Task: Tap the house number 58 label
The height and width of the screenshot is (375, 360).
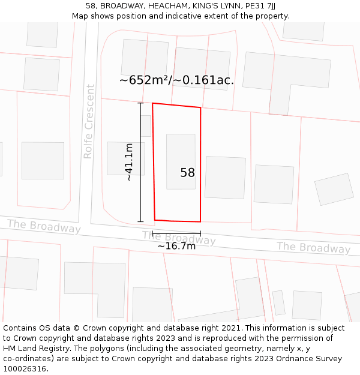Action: pyautogui.click(x=187, y=173)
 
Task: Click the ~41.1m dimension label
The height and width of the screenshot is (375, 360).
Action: pyautogui.click(x=129, y=162)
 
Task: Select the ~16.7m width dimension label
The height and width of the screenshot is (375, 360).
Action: pyautogui.click(x=176, y=246)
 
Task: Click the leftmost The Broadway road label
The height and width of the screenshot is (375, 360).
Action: pyautogui.click(x=44, y=226)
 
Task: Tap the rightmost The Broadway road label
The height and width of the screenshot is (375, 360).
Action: pyautogui.click(x=313, y=247)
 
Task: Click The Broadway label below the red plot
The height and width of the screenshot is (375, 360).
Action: pyautogui.click(x=179, y=238)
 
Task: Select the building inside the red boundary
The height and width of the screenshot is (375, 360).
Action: pyautogui.click(x=181, y=161)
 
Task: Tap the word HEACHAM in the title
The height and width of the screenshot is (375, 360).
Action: pyautogui.click(x=169, y=5)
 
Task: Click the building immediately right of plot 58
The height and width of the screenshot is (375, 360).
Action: pyautogui.click(x=225, y=178)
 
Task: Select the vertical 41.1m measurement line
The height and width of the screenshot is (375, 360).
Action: pyautogui.click(x=141, y=163)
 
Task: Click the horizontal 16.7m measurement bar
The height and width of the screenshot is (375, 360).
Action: pyautogui.click(x=176, y=233)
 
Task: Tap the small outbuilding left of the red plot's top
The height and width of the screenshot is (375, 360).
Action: pyautogui.click(x=146, y=125)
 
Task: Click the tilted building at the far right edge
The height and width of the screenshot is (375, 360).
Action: pyautogui.click(x=334, y=189)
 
